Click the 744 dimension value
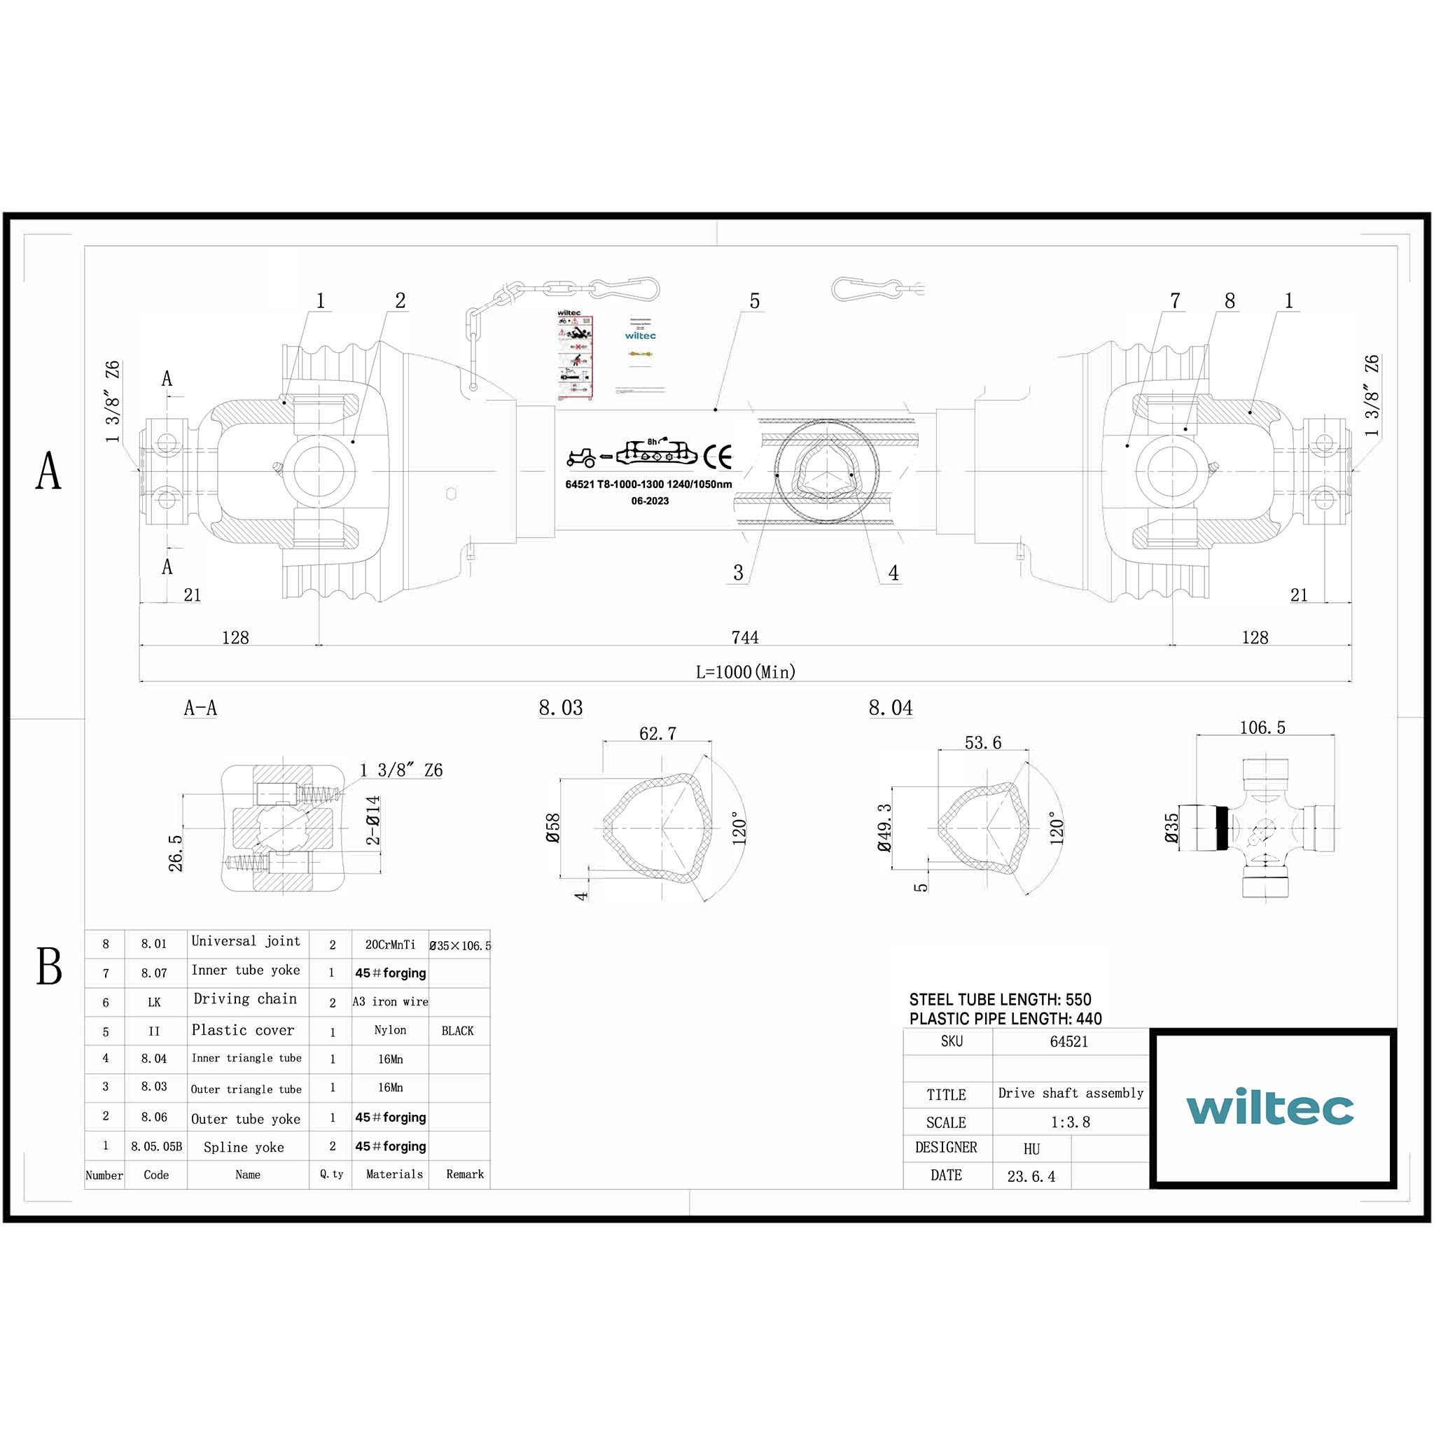744,637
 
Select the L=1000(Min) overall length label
745,671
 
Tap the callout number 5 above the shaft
754,300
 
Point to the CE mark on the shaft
717,457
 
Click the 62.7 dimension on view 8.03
657,733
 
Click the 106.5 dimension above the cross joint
1262,728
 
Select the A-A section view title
200,707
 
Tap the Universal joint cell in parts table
246,941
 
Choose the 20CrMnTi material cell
390,944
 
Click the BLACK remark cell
457,1030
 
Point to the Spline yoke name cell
244,1147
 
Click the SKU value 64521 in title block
1068,1041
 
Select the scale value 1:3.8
1070,1122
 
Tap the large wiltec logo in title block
1270,1108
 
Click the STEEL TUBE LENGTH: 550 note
1000,999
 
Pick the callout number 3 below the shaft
738,572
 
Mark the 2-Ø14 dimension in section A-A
373,820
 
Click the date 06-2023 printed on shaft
650,501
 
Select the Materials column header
394,1174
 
